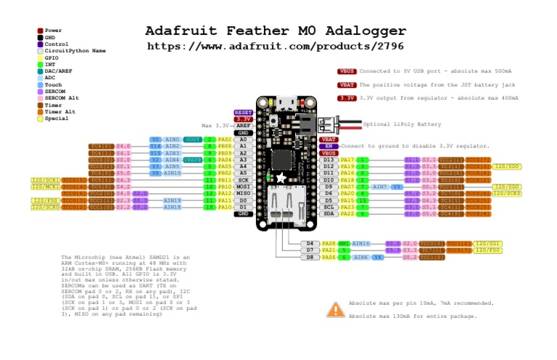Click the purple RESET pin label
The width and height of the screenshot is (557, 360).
[x=242, y=112]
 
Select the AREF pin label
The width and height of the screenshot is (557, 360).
[x=242, y=126]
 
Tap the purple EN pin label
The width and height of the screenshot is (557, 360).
[x=328, y=146]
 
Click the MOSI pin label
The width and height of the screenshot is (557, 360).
[x=242, y=187]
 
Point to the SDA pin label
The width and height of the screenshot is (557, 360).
[x=329, y=213]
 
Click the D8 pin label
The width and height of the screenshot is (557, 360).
[x=310, y=257]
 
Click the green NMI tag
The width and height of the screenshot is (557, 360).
[x=344, y=243]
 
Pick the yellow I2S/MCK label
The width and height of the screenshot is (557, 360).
[x=45, y=187]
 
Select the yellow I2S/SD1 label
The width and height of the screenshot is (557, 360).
[x=488, y=243]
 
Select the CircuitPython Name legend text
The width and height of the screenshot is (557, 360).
[x=75, y=51]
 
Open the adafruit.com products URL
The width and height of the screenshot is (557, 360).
[x=275, y=46]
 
